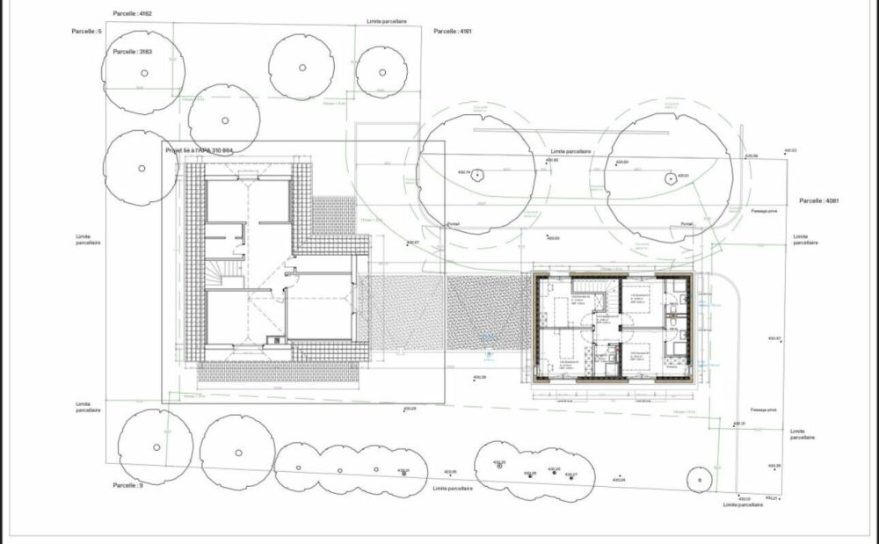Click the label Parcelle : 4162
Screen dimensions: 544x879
pos(133,14)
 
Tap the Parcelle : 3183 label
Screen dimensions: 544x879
pos(133,52)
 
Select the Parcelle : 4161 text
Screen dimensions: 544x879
pos(453,32)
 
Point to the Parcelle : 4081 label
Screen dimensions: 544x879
pos(819,201)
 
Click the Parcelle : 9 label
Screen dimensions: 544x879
pos(127,485)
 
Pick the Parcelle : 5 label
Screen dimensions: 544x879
pos(88,32)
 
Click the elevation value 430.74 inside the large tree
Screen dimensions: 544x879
pos(466,172)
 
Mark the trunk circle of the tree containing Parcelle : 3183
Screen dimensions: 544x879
pos(141,76)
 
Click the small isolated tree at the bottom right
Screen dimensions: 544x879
pos(699,479)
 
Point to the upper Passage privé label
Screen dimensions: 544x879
pos(764,212)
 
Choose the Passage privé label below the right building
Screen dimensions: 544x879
pos(764,410)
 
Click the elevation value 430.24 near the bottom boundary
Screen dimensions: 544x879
pos(618,480)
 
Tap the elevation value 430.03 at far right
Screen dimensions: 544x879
pos(788,150)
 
